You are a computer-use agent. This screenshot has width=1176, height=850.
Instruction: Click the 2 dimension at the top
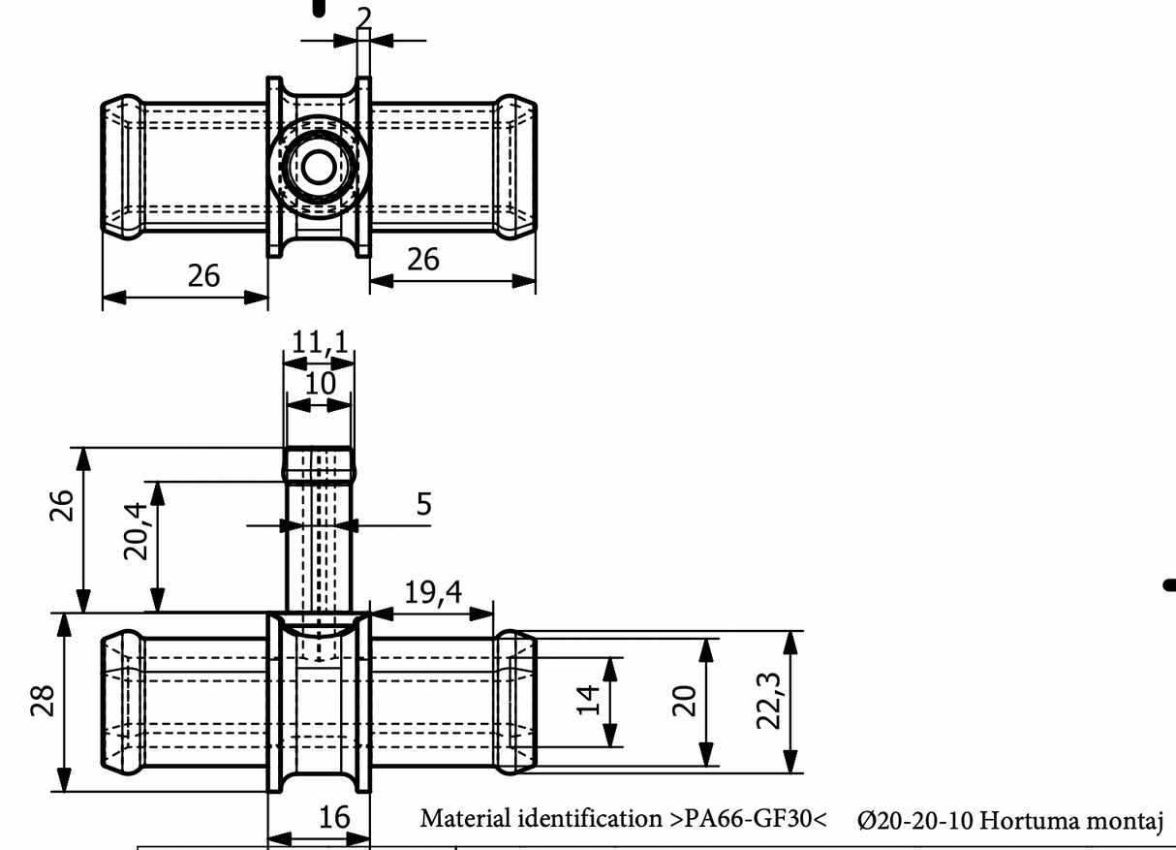pyautogui.click(x=363, y=16)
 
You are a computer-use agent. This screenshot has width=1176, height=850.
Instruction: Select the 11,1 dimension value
pyautogui.click(x=320, y=342)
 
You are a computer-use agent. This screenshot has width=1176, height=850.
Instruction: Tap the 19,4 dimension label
pyautogui.click(x=432, y=592)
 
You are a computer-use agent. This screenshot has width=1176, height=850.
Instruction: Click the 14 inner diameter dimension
pyautogui.click(x=588, y=700)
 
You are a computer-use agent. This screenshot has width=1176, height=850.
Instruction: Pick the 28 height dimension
pyautogui.click(x=41, y=700)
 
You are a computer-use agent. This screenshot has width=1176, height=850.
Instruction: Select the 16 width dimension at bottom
pyautogui.click(x=334, y=818)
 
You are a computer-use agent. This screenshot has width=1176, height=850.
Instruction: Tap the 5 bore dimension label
pyautogui.click(x=423, y=504)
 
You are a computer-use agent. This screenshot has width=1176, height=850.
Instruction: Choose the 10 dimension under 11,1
pyautogui.click(x=320, y=383)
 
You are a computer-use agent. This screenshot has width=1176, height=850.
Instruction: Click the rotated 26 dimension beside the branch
pyautogui.click(x=62, y=504)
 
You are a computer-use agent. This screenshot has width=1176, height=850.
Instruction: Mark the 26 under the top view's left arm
pyautogui.click(x=203, y=276)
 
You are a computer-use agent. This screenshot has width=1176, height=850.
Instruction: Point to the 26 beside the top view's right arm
pyautogui.click(x=422, y=259)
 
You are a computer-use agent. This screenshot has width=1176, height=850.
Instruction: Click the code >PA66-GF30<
pyautogui.click(x=747, y=819)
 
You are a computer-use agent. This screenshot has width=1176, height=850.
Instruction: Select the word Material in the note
pyautogui.click(x=460, y=819)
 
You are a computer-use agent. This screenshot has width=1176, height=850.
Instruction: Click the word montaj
pyautogui.click(x=1128, y=821)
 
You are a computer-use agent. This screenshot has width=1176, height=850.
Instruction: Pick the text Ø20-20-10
pyautogui.click(x=915, y=821)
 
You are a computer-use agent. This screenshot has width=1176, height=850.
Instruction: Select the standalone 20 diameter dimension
pyautogui.click(x=685, y=700)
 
